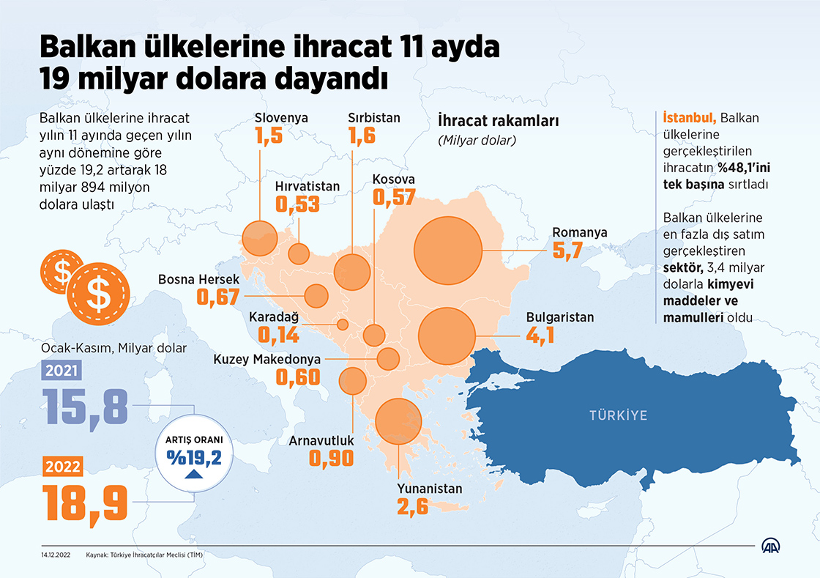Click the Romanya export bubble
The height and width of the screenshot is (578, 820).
coord(448,251)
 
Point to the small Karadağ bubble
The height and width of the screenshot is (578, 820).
coord(342,324)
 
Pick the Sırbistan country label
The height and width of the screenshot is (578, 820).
coord(373,117)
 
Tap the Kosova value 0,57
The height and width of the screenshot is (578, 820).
coord(394,197)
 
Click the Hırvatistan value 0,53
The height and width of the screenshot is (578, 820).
coord(297,204)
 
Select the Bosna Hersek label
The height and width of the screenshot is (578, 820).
coord(199,279)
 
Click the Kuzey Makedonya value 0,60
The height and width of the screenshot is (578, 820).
coord(298,377)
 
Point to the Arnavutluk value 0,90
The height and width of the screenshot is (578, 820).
coord(331,458)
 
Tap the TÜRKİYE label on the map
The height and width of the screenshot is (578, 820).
coord(619,415)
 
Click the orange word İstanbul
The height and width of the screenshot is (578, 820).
coord(689,117)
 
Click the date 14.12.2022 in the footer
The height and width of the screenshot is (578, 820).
coord(55,555)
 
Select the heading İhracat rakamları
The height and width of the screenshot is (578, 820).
coord(497,120)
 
